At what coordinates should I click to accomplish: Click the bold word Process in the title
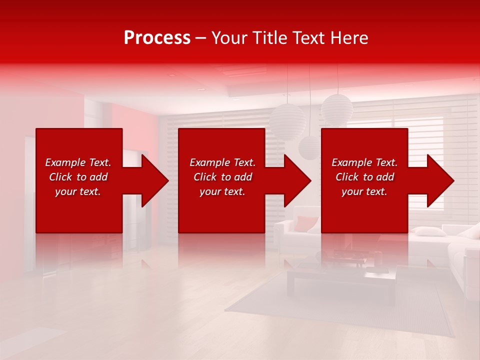[x=157, y=38]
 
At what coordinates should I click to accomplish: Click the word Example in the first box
[x=65, y=162]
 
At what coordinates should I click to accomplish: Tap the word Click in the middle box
[x=205, y=177]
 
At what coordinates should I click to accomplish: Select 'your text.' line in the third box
[x=364, y=191]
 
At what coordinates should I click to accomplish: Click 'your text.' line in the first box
[x=77, y=191]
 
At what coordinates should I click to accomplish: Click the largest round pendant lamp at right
[x=337, y=108]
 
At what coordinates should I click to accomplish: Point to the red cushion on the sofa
[x=305, y=223]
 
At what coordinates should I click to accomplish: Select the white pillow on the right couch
[x=430, y=231]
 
